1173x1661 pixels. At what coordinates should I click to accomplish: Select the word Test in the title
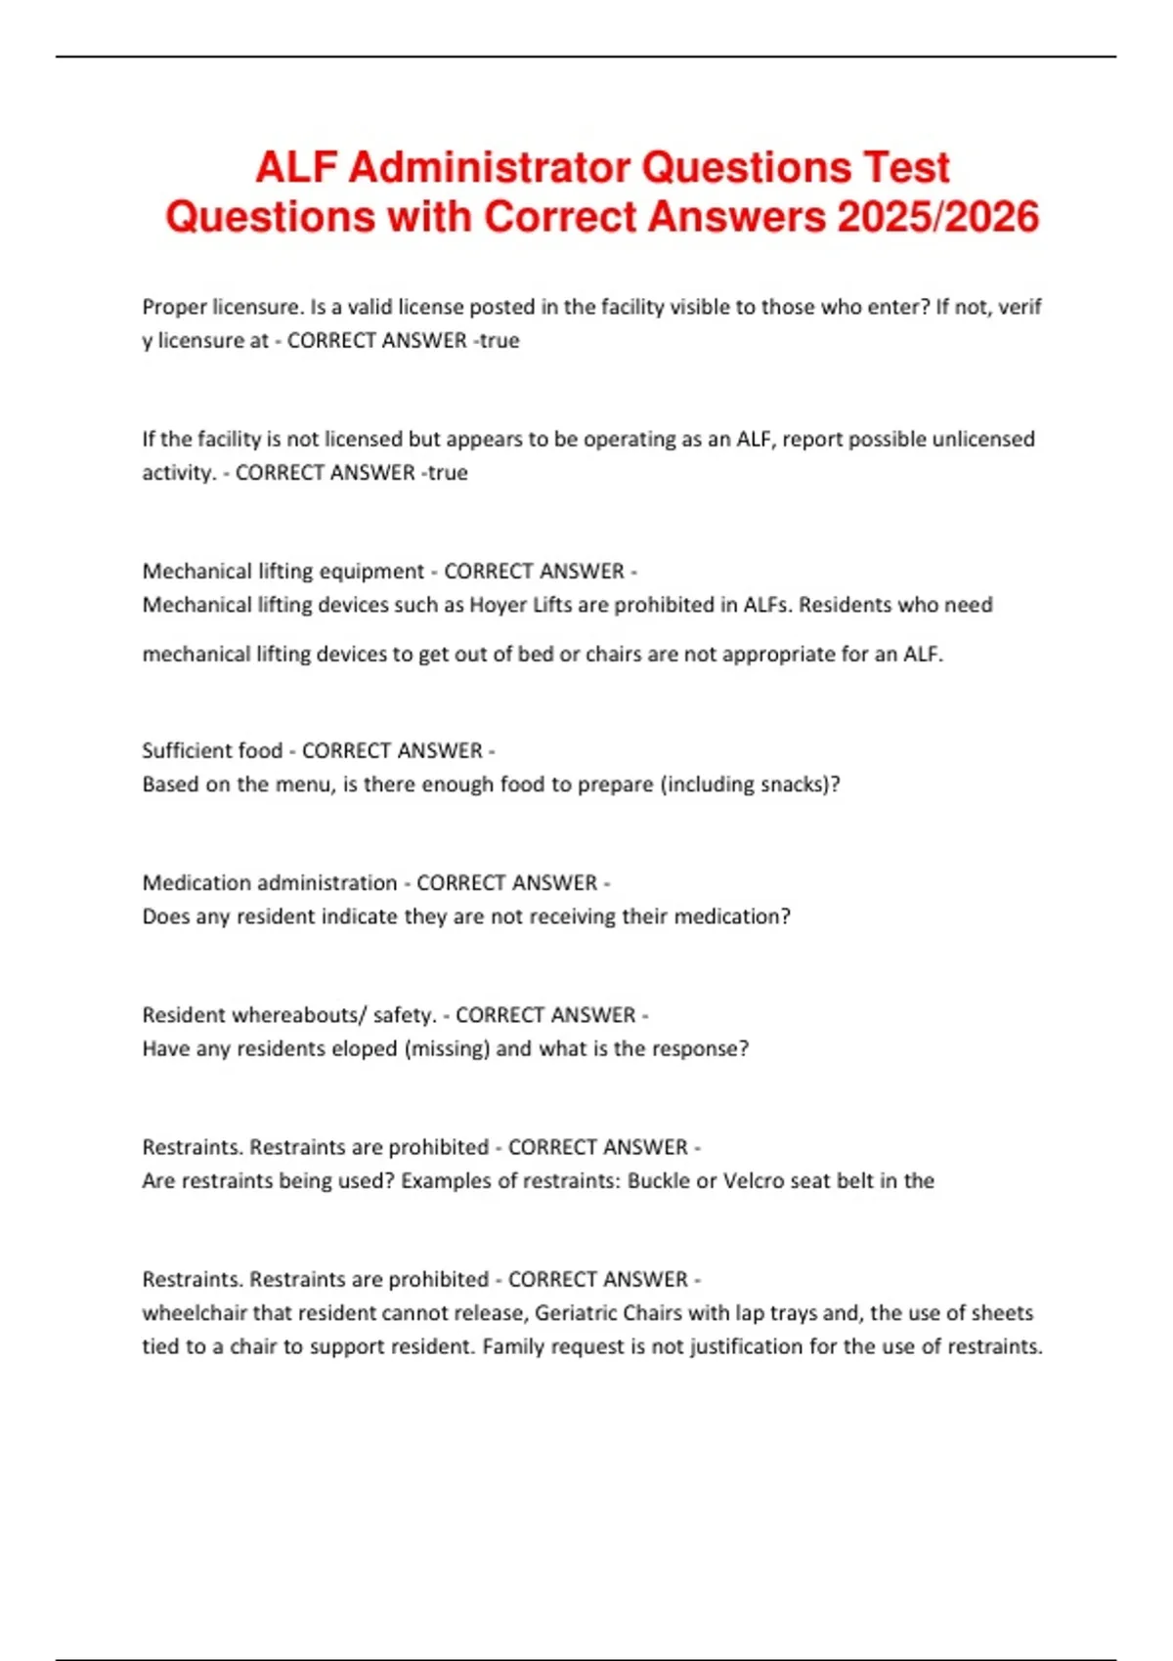click(906, 168)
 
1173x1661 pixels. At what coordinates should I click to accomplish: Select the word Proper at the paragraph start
click(174, 307)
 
